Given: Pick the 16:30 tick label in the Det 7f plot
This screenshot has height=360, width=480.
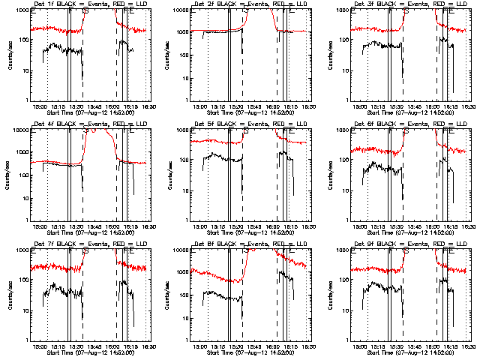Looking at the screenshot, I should [148, 346].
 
